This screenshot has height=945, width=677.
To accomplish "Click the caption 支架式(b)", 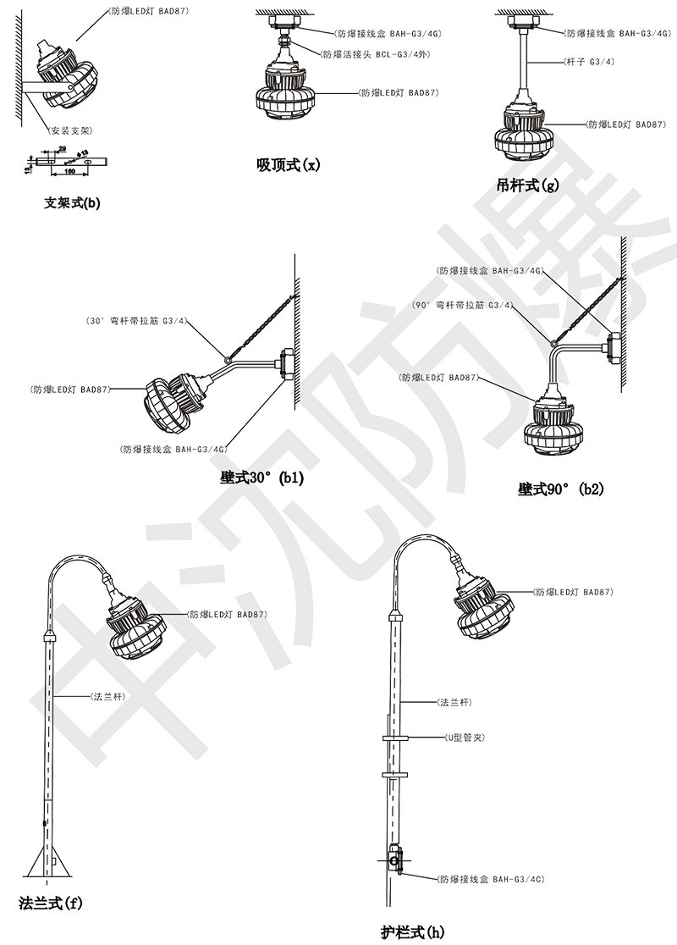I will [x=72, y=203].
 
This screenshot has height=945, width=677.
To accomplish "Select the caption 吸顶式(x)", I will [x=289, y=163].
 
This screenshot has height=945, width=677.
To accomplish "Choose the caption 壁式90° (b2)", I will [x=560, y=489].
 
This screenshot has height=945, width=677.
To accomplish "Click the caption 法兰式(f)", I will [x=51, y=903].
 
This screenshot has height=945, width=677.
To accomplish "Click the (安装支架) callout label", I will [x=71, y=131].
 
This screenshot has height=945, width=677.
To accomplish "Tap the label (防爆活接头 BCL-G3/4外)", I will [x=374, y=52].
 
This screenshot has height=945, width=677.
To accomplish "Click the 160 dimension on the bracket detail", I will [x=70, y=172].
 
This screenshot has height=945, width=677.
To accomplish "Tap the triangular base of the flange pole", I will [x=47, y=864].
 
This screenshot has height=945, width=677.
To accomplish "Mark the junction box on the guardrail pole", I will [x=395, y=861].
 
